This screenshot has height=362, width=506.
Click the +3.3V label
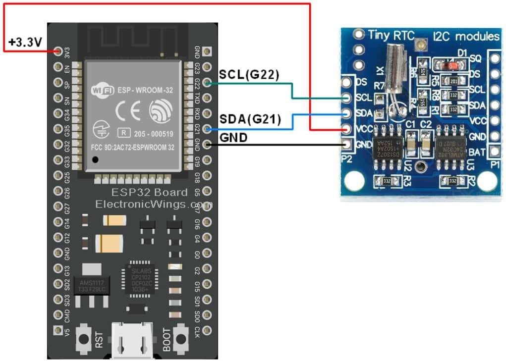pyautogui.click(x=24, y=43)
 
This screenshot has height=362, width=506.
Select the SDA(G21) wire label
pyautogui.click(x=250, y=119)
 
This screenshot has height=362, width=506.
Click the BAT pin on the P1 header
pyautogui.click(x=494, y=151)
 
